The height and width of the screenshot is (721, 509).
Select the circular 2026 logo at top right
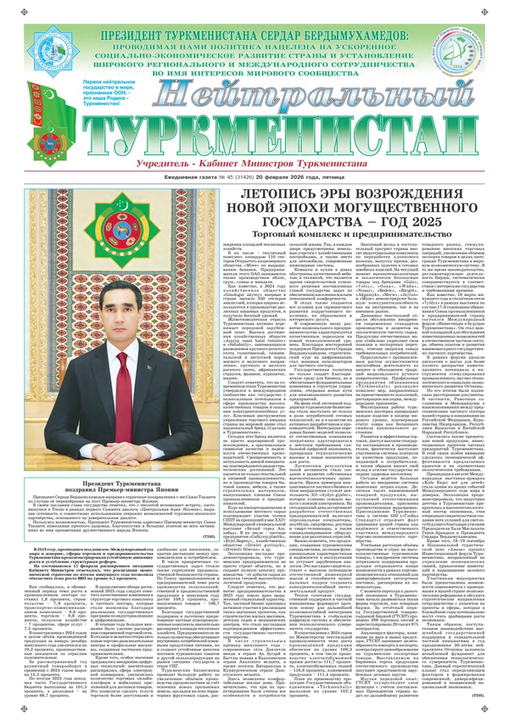point(480,54)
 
